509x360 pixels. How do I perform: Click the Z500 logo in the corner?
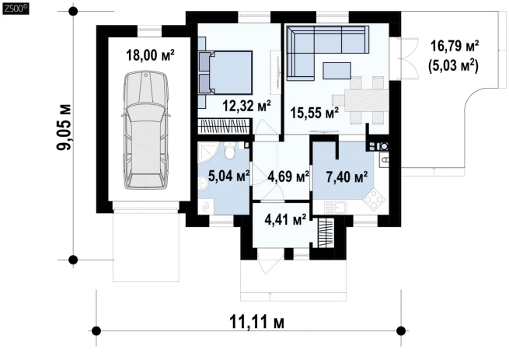(x=16, y=9)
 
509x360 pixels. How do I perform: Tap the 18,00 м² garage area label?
(x=150, y=55)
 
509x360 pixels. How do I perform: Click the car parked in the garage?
(x=146, y=130)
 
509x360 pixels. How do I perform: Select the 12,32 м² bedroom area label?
(x=246, y=106)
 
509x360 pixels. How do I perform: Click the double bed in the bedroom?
(x=225, y=73)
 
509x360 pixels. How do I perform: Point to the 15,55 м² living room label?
(x=315, y=113)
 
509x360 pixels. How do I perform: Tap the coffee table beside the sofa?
(x=336, y=71)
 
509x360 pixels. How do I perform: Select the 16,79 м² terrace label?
(x=455, y=46)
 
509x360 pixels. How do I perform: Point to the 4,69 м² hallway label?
(x=288, y=177)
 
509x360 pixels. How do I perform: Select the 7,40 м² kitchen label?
(x=347, y=177)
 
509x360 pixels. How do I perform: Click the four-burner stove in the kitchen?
(x=374, y=199)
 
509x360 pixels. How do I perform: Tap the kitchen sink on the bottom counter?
(x=336, y=208)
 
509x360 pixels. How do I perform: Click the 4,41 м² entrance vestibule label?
(x=285, y=219)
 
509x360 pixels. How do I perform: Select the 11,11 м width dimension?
(x=257, y=323)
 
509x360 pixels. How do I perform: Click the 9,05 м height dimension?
(x=64, y=128)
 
